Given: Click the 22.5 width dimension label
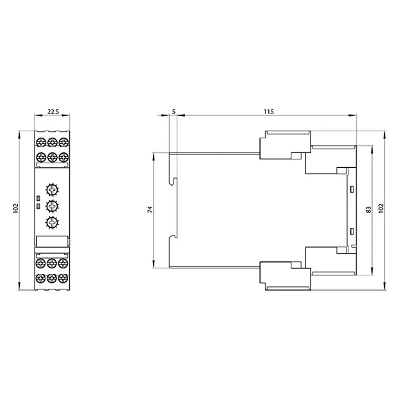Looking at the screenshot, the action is click(53, 111).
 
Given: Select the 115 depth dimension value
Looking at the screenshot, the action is click(269, 111).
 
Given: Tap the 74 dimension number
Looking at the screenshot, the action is click(150, 209).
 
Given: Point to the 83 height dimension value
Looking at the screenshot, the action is click(369, 209).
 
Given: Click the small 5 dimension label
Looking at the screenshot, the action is click(174, 111).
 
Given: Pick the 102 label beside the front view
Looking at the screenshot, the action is click(16, 208).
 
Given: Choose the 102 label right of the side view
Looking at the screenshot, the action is click(381, 208).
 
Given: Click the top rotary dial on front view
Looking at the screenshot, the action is click(52, 190).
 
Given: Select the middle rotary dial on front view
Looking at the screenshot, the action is click(52, 206).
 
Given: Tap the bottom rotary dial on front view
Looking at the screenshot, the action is click(52, 223).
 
